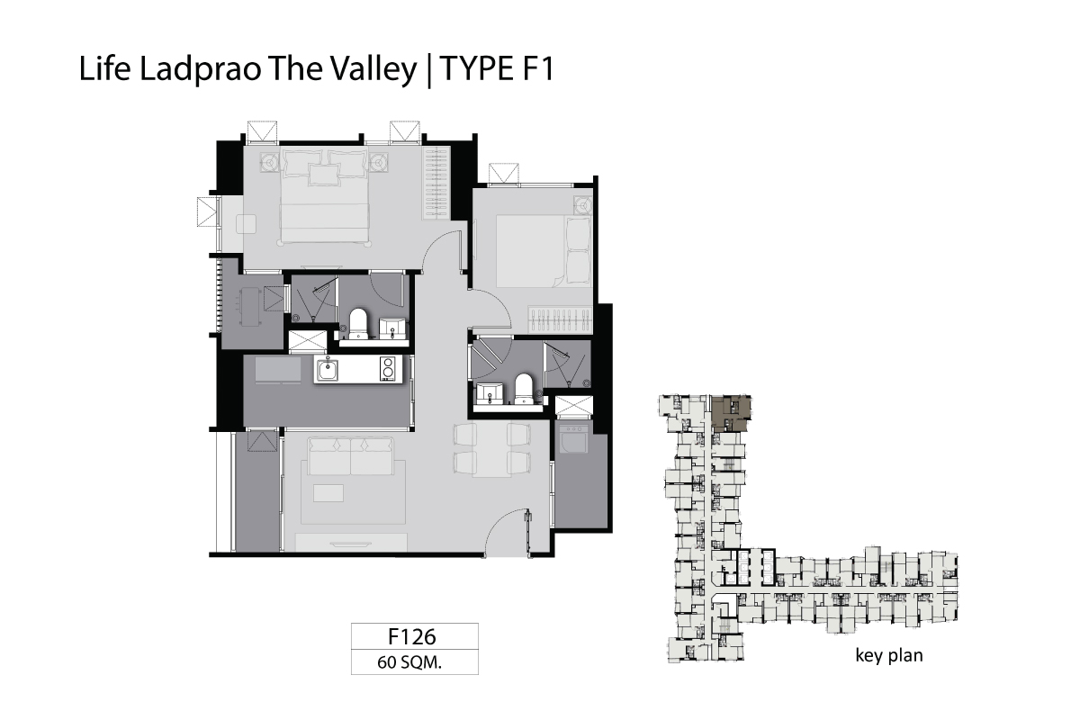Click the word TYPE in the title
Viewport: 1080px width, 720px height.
476,69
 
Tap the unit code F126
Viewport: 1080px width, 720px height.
412,636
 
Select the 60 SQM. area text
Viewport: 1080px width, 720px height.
409,662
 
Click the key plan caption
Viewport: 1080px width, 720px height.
889,656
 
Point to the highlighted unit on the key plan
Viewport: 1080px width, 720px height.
732,413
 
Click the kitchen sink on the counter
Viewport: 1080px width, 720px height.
328,370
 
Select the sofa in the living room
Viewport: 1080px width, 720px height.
350,456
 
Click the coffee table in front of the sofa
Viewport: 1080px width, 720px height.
328,493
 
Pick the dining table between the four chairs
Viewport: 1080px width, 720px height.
491,449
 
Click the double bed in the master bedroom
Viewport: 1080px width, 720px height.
325,195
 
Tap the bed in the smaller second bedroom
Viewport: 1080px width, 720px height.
544,251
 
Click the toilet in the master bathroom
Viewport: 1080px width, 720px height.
358,324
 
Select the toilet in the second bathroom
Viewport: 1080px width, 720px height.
523,389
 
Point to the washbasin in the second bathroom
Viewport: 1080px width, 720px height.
490,393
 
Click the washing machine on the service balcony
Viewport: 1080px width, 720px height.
573,440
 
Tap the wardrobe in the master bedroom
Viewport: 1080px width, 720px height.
436,184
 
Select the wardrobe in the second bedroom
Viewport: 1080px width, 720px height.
560,319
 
